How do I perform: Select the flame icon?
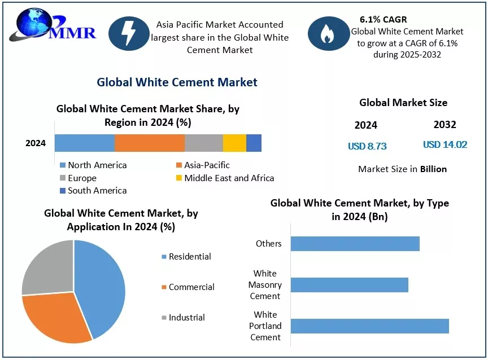click(328, 34)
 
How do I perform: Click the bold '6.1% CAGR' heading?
click(383, 20)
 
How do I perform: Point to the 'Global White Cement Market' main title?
click(177, 82)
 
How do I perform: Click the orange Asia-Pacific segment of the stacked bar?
click(150, 143)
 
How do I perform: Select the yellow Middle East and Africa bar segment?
click(234, 143)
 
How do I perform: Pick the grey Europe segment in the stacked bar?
click(204, 143)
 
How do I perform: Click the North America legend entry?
click(93, 165)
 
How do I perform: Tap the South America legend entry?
click(93, 191)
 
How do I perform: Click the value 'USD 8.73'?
click(367, 146)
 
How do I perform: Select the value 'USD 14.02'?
click(445, 145)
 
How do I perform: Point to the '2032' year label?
click(445, 125)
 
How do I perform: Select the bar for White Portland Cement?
click(369, 326)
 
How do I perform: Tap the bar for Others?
click(355, 243)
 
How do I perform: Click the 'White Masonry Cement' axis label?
click(265, 285)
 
